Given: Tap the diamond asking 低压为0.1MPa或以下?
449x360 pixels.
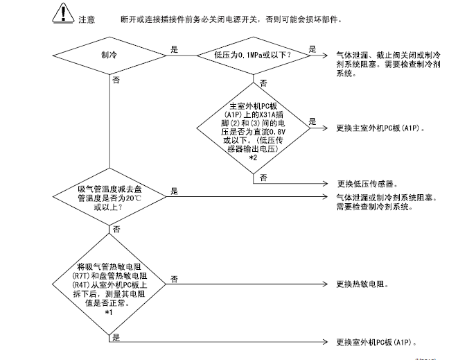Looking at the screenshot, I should coord(253,53).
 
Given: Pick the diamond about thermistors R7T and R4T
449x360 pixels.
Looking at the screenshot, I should coord(109,284).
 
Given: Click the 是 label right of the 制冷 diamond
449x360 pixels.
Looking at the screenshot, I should coord(174,49).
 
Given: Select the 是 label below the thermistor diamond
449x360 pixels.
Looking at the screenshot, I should coord(116,337).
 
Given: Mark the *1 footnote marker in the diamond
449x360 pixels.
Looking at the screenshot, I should coord(109,313).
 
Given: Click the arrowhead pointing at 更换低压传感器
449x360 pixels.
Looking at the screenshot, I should coord(326,184).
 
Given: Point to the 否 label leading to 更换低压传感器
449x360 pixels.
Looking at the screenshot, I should coord(264,178).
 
